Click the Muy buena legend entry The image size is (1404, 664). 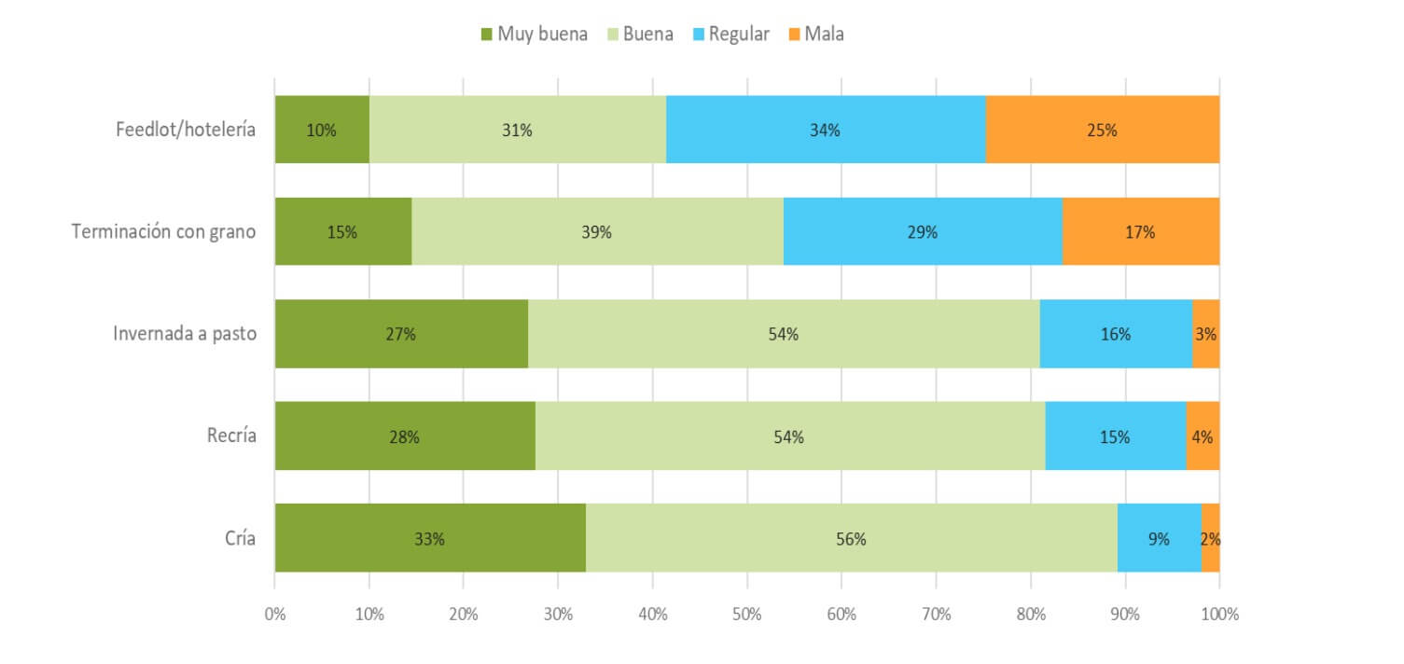point(534,35)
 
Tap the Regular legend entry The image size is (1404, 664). point(730,35)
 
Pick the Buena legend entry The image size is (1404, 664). point(639,35)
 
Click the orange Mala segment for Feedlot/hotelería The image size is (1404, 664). point(1102,130)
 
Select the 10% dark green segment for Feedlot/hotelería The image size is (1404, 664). point(322,130)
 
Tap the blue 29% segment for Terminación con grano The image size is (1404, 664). point(923,231)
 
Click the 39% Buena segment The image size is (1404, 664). point(597,231)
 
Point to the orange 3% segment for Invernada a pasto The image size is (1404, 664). point(1205,334)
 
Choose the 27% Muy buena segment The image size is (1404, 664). point(401,334)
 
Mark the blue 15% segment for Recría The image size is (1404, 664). point(1115,436)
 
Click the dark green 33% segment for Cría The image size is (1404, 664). point(430,538)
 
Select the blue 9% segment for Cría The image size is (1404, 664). point(1159,538)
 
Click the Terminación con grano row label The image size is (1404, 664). point(164,231)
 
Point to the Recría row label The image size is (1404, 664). point(231,436)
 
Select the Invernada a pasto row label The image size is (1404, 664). point(185,334)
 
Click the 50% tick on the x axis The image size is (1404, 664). point(747,615)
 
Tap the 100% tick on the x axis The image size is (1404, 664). point(1219,615)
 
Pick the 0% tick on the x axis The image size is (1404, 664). point(274,615)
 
